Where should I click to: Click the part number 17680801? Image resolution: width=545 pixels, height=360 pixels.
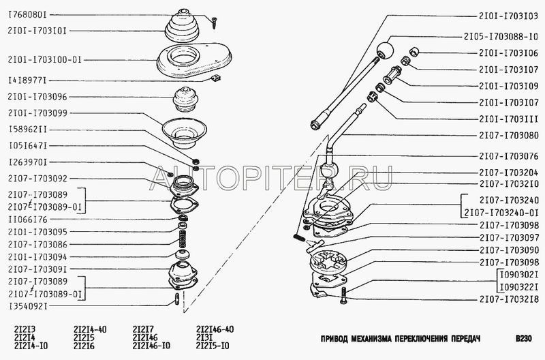[27, 15]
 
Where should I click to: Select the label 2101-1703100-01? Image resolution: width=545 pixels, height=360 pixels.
[44, 60]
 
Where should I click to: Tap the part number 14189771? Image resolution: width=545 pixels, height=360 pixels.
[27, 80]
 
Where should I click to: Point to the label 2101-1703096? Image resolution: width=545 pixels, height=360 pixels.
[37, 97]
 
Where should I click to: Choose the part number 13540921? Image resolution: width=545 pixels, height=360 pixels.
[28, 306]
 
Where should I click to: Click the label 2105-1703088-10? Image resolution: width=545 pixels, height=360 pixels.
[501, 37]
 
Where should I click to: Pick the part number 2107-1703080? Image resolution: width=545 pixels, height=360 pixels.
[509, 135]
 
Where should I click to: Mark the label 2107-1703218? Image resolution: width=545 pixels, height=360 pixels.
[509, 299]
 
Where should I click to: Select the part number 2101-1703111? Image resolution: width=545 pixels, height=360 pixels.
[509, 119]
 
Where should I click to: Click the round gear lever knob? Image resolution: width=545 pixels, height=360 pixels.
[385, 50]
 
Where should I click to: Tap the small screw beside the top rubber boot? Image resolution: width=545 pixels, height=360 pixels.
[213, 22]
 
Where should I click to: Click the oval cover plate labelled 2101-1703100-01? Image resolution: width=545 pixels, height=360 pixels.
[194, 60]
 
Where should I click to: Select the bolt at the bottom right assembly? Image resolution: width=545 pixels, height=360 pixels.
[344, 296]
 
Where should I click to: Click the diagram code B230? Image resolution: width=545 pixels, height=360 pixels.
[524, 338]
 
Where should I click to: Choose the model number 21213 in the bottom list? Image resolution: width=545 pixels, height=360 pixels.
[25, 329]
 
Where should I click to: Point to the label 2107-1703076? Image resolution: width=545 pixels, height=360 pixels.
[509, 156]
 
